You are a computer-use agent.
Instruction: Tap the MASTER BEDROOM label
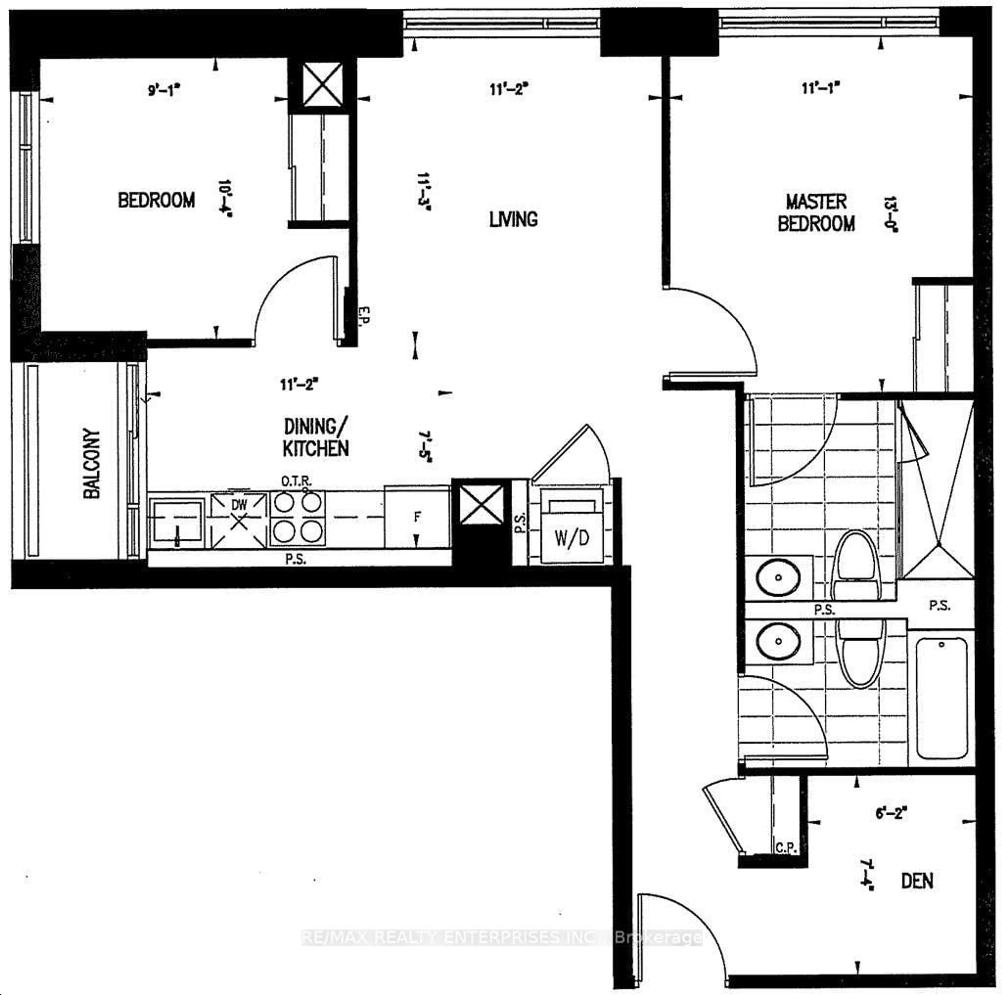click(x=816, y=213)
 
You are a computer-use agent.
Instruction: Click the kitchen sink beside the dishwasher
click(x=176, y=523)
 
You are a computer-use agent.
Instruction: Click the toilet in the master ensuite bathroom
click(x=856, y=567)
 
